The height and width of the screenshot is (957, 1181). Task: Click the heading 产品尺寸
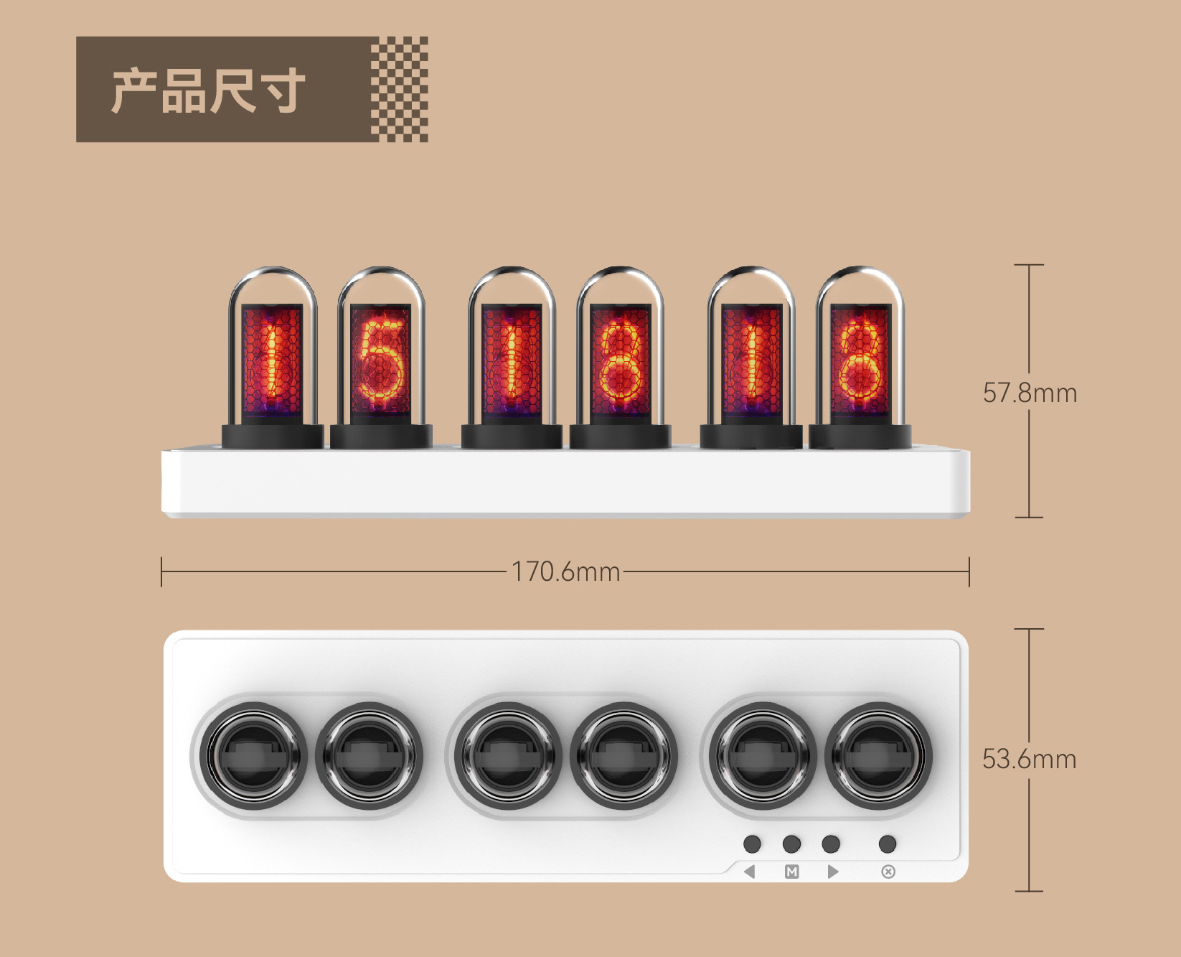(208, 90)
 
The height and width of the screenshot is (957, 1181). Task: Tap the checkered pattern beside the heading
(400, 89)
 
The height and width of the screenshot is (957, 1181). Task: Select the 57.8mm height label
(1030, 393)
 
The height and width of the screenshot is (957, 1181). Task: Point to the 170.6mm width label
(565, 571)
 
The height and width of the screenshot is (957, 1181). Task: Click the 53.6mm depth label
(1029, 759)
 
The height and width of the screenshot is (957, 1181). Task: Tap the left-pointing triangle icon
(750, 872)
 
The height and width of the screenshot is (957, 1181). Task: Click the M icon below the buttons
(791, 872)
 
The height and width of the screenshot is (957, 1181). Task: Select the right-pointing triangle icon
(832, 872)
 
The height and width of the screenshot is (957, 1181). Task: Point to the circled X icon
(888, 872)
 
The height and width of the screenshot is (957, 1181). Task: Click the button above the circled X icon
(888, 844)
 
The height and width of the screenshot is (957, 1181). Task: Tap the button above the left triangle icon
(752, 844)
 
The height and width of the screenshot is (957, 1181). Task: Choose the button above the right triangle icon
(831, 844)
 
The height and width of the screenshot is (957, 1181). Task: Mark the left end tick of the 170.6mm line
(162, 571)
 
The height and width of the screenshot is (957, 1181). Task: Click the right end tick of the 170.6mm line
(969, 571)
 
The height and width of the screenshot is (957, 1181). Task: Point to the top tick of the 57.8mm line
(1029, 265)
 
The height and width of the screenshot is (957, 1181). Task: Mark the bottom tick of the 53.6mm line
(1029, 891)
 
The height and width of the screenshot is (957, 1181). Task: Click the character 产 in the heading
(134, 91)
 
